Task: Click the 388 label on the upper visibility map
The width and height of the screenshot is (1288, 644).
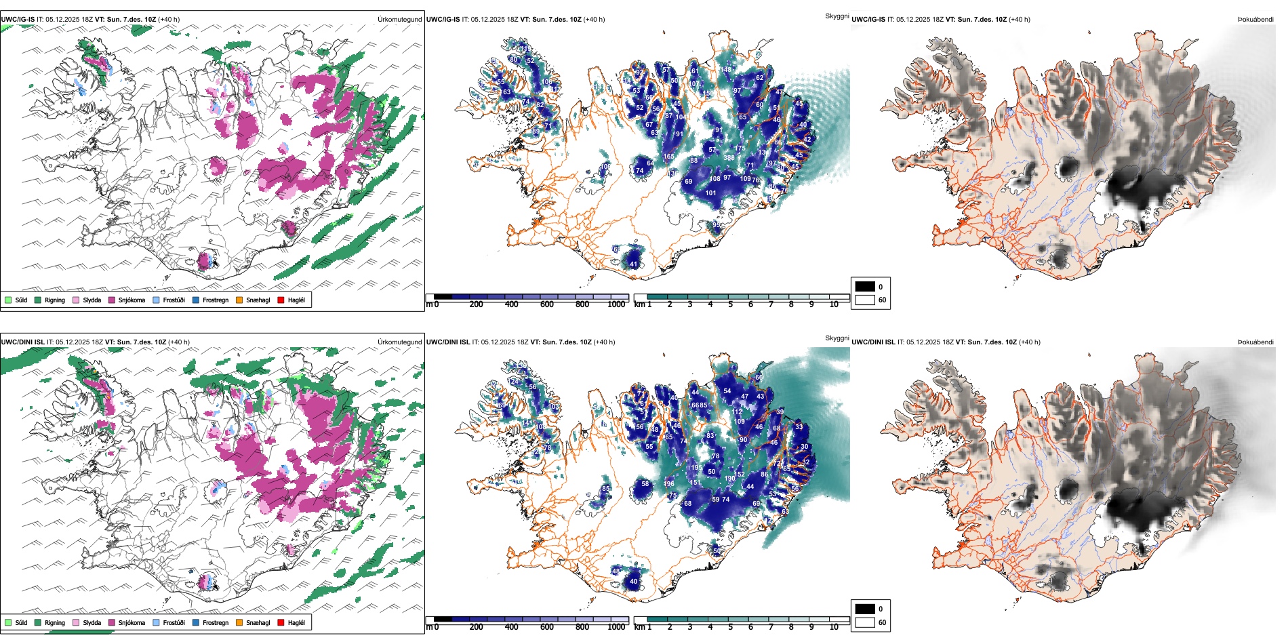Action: coord(729,158)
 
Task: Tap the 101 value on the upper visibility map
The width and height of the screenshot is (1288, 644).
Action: coord(710,193)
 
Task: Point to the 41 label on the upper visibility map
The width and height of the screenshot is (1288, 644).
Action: coord(634,264)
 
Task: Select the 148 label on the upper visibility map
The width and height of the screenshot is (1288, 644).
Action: coord(726,70)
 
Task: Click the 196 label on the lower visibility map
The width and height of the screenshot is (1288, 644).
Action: coord(669,484)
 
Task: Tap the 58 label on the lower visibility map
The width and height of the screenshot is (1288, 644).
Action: coord(645,484)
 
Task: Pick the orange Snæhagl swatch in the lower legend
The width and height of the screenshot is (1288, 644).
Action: coord(239,622)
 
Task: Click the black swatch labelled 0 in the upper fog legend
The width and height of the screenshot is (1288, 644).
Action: coord(865,287)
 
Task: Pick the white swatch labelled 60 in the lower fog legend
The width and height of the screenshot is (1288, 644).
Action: coord(865,622)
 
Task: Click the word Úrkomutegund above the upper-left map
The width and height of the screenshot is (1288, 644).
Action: coord(399,20)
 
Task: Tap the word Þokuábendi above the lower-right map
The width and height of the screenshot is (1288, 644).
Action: coord(1255,342)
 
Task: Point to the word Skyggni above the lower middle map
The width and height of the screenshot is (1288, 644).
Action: coord(837,338)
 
